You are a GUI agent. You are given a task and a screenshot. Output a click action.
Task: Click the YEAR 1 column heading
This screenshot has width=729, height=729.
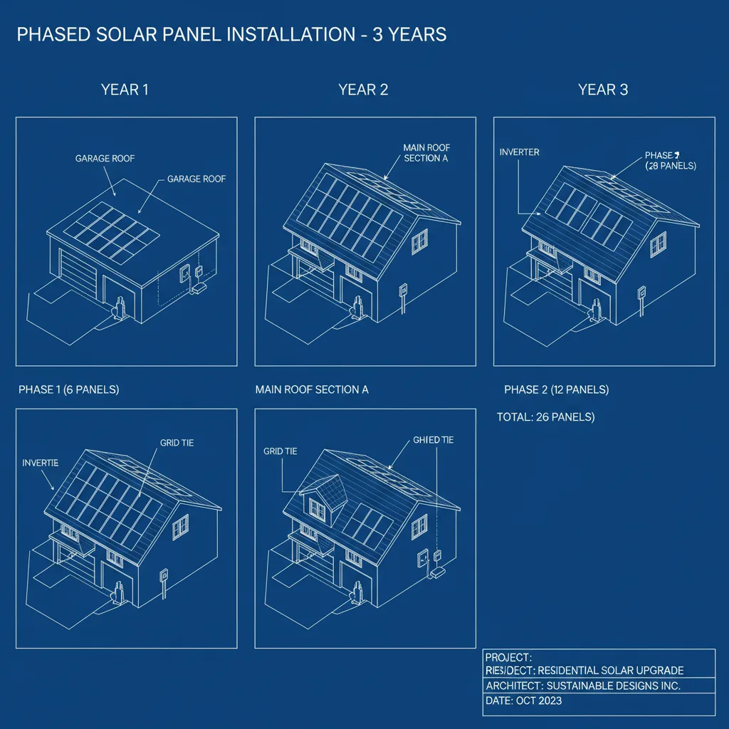pos(125,90)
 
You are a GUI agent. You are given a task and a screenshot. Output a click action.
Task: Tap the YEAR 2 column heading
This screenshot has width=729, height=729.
pos(363,90)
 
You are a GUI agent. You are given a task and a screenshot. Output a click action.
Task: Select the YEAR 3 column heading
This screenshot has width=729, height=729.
pos(603,90)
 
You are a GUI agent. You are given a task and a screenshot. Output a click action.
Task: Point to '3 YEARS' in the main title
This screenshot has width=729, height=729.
pos(405,34)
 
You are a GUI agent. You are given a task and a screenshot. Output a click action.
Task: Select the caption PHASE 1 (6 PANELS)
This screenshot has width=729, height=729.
pos(68,389)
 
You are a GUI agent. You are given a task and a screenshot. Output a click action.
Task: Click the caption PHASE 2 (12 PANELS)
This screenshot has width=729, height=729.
pos(556,389)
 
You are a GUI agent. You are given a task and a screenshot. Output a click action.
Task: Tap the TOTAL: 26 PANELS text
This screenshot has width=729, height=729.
pos(545,416)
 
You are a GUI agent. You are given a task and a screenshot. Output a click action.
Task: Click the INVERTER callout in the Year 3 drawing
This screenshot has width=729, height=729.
pos(520,152)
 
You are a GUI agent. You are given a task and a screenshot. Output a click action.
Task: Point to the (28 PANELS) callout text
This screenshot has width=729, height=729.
pos(670,166)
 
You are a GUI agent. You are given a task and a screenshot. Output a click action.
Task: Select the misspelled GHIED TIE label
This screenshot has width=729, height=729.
pos(433,440)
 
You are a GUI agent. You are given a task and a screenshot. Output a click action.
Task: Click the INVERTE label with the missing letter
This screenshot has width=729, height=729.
pos(41,463)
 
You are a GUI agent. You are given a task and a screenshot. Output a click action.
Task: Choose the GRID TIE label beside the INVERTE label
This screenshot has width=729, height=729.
pos(177,443)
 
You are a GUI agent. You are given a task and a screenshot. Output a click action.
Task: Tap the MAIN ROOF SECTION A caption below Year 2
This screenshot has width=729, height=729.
pos(312,389)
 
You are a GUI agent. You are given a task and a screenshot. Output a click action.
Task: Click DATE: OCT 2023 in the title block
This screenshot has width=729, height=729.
pos(523,701)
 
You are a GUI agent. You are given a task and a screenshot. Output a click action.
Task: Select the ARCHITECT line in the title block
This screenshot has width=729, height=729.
pos(583,686)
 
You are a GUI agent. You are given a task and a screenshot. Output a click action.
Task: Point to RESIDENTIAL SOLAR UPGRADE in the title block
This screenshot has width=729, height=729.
pos(611,670)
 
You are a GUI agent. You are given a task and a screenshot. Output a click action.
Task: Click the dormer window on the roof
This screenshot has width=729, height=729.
pos(317,508)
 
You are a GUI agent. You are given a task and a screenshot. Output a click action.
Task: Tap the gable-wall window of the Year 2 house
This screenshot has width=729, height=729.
pos(419,241)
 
